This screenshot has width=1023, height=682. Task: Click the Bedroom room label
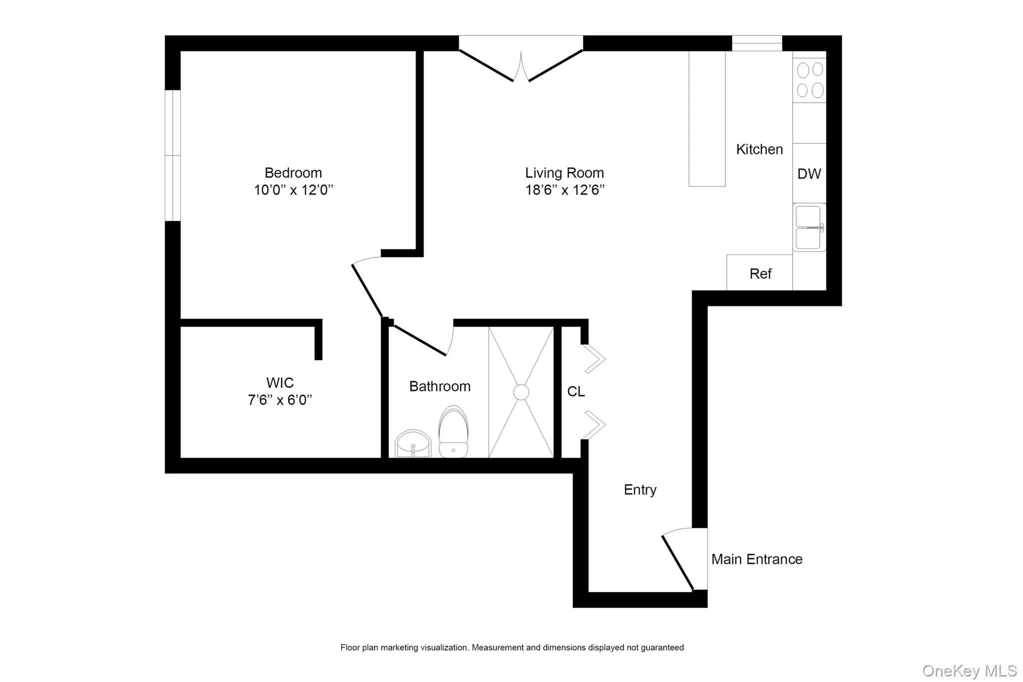[293, 173]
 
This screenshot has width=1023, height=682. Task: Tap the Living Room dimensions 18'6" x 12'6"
[564, 190]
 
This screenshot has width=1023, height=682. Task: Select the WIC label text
[280, 383]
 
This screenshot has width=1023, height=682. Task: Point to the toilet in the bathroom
[453, 432]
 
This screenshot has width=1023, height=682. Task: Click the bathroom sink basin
[413, 444]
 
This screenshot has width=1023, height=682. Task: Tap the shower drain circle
[521, 392]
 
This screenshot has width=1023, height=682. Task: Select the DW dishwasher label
[809, 174]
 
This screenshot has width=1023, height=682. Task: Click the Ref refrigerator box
[760, 273]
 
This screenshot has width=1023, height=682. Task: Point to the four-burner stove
[809, 80]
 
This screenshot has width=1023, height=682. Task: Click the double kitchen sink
[808, 228]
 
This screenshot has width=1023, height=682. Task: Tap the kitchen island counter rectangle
[707, 119]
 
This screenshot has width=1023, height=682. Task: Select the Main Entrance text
[756, 559]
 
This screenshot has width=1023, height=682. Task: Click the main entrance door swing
[678, 563]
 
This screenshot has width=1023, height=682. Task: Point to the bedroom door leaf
[367, 290]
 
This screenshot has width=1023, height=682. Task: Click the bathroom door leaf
[420, 341]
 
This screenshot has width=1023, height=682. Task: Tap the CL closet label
[575, 392]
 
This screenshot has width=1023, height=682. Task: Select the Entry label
[640, 490]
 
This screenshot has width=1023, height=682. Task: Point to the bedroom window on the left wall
[173, 155]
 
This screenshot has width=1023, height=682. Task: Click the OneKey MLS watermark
[969, 671]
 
